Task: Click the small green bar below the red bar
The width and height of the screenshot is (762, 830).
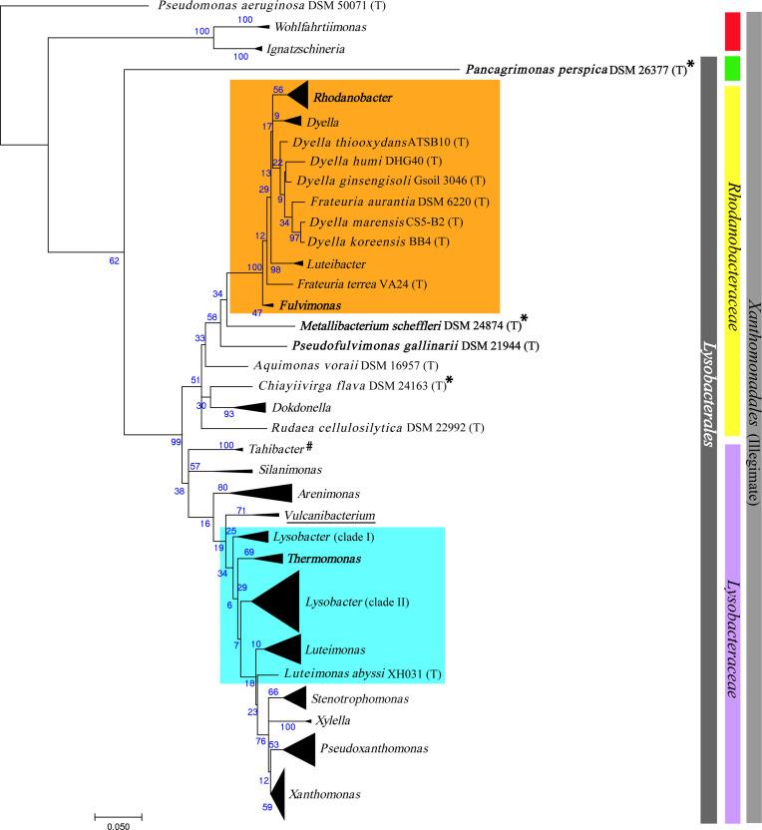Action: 732,68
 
